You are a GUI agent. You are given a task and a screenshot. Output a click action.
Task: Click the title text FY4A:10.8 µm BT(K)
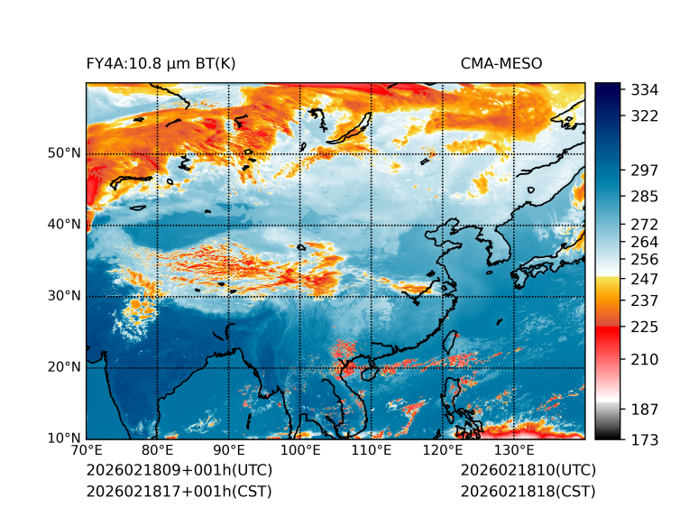point(161,63)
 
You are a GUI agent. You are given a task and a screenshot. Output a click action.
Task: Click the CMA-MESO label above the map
point(501,63)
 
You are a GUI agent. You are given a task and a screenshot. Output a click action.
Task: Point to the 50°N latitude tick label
point(63,153)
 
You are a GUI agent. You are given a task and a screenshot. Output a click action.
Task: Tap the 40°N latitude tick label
point(63,225)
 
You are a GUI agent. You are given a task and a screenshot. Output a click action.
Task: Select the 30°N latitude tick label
point(63,296)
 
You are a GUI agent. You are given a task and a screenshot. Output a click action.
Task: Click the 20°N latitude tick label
point(63,367)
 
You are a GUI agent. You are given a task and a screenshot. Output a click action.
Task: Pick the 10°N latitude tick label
point(63,439)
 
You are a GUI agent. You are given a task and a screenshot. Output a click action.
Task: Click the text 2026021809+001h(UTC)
point(179,470)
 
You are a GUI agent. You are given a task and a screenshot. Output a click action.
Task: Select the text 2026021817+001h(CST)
point(179,492)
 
